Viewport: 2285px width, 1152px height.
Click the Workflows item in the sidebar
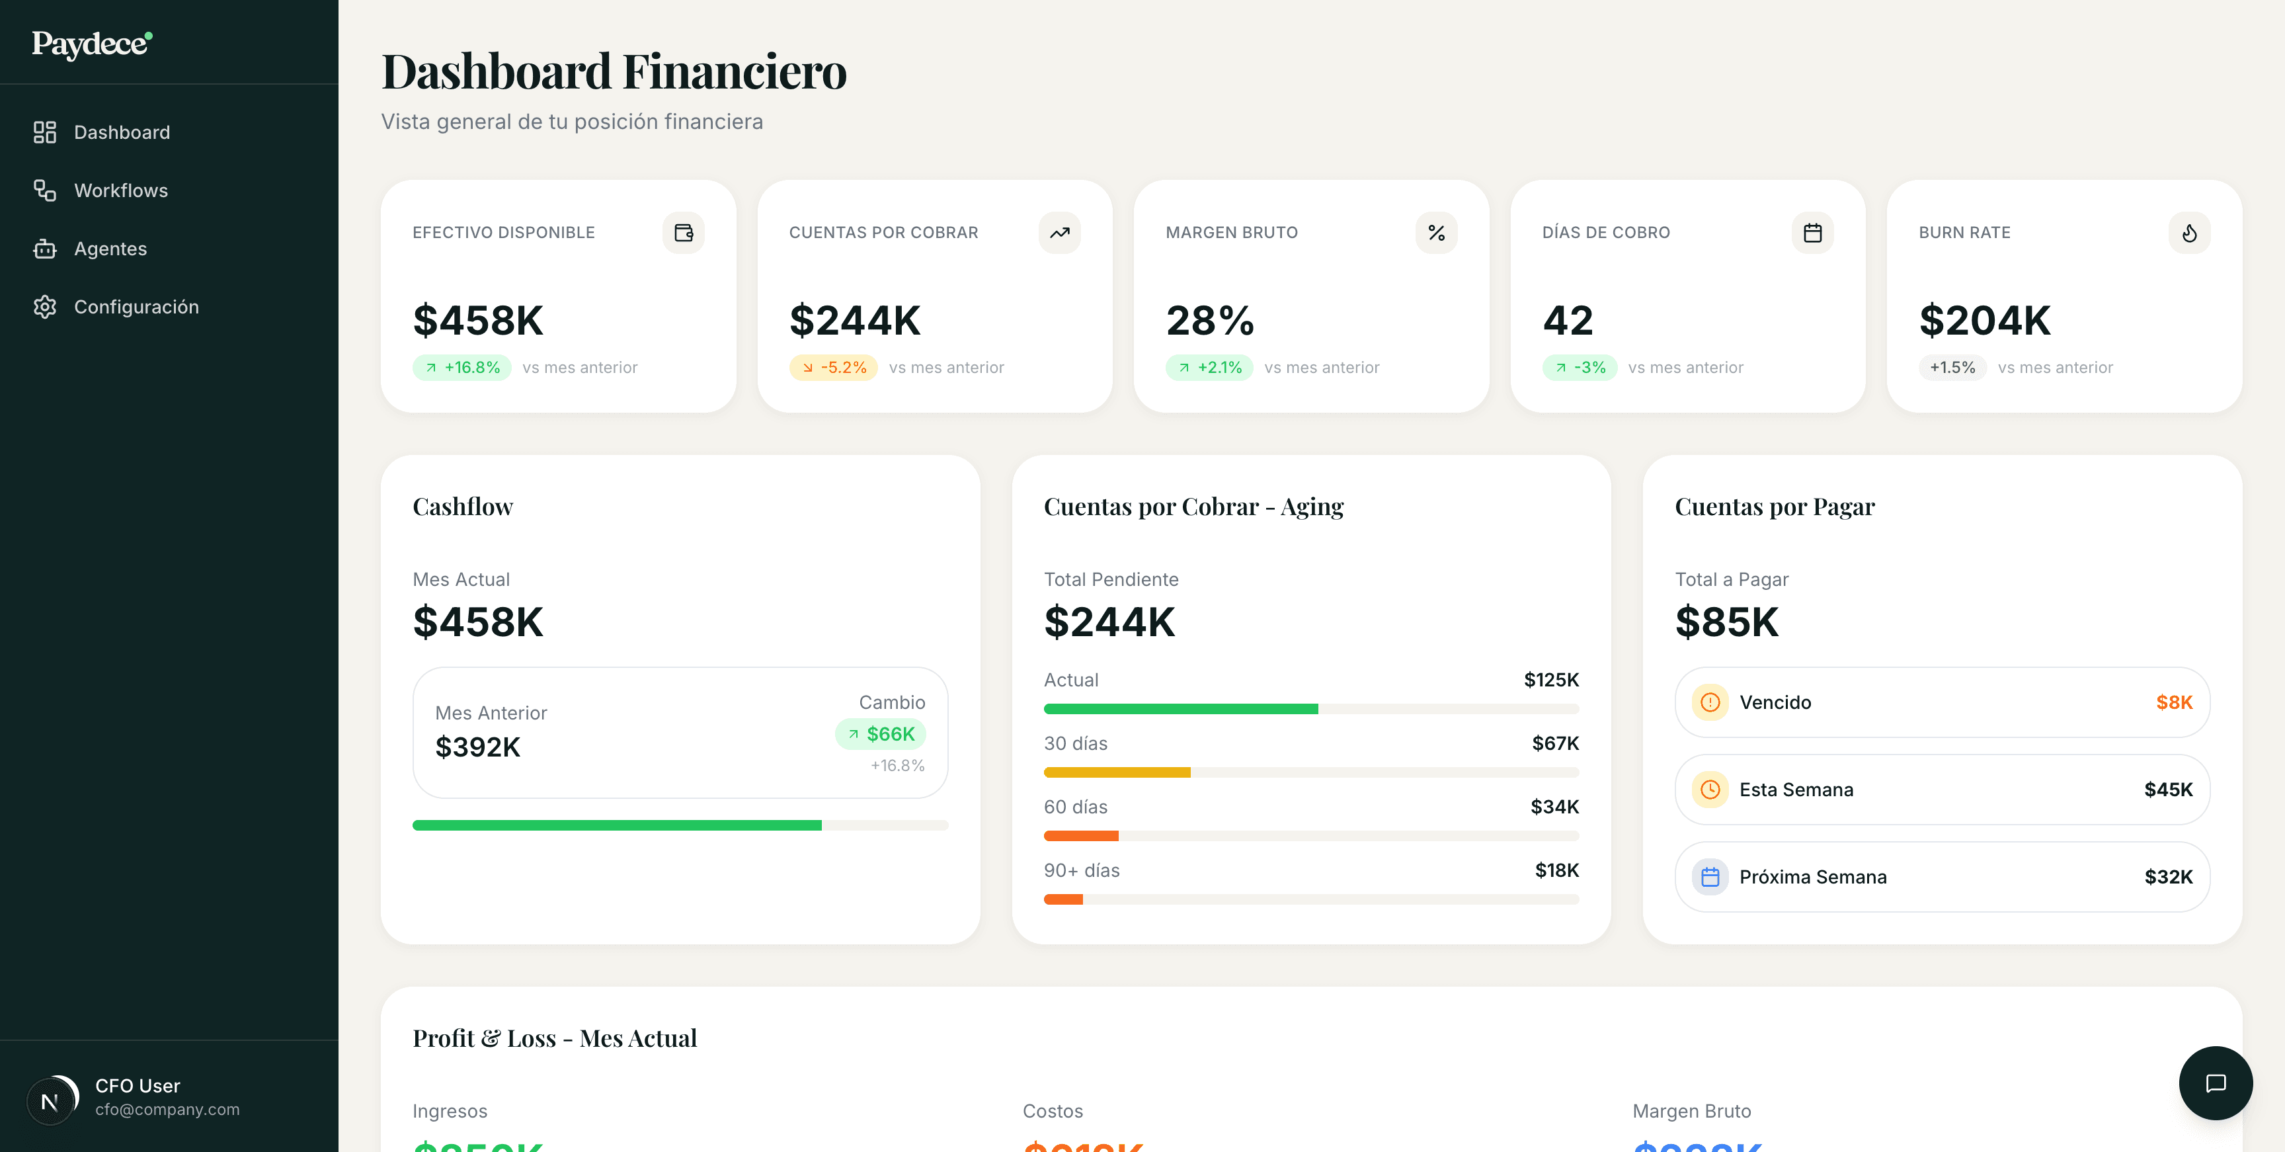(120, 190)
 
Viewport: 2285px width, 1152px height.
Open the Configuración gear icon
(44, 307)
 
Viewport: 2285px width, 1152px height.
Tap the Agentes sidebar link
(110, 249)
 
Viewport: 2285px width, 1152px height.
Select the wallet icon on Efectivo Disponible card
(683, 233)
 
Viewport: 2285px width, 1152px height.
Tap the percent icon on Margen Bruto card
(1436, 233)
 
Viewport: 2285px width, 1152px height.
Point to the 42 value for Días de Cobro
(1568, 320)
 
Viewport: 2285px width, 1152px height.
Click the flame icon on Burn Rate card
(2189, 233)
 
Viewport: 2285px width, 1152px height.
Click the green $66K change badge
(880, 734)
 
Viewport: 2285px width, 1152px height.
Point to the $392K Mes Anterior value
(477, 747)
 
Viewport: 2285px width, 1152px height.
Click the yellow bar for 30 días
(1117, 772)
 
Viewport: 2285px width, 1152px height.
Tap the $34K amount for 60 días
(1554, 807)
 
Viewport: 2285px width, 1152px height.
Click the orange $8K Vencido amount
(2173, 702)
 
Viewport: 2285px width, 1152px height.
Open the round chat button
(2215, 1083)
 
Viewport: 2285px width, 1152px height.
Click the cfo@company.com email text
(167, 1110)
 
